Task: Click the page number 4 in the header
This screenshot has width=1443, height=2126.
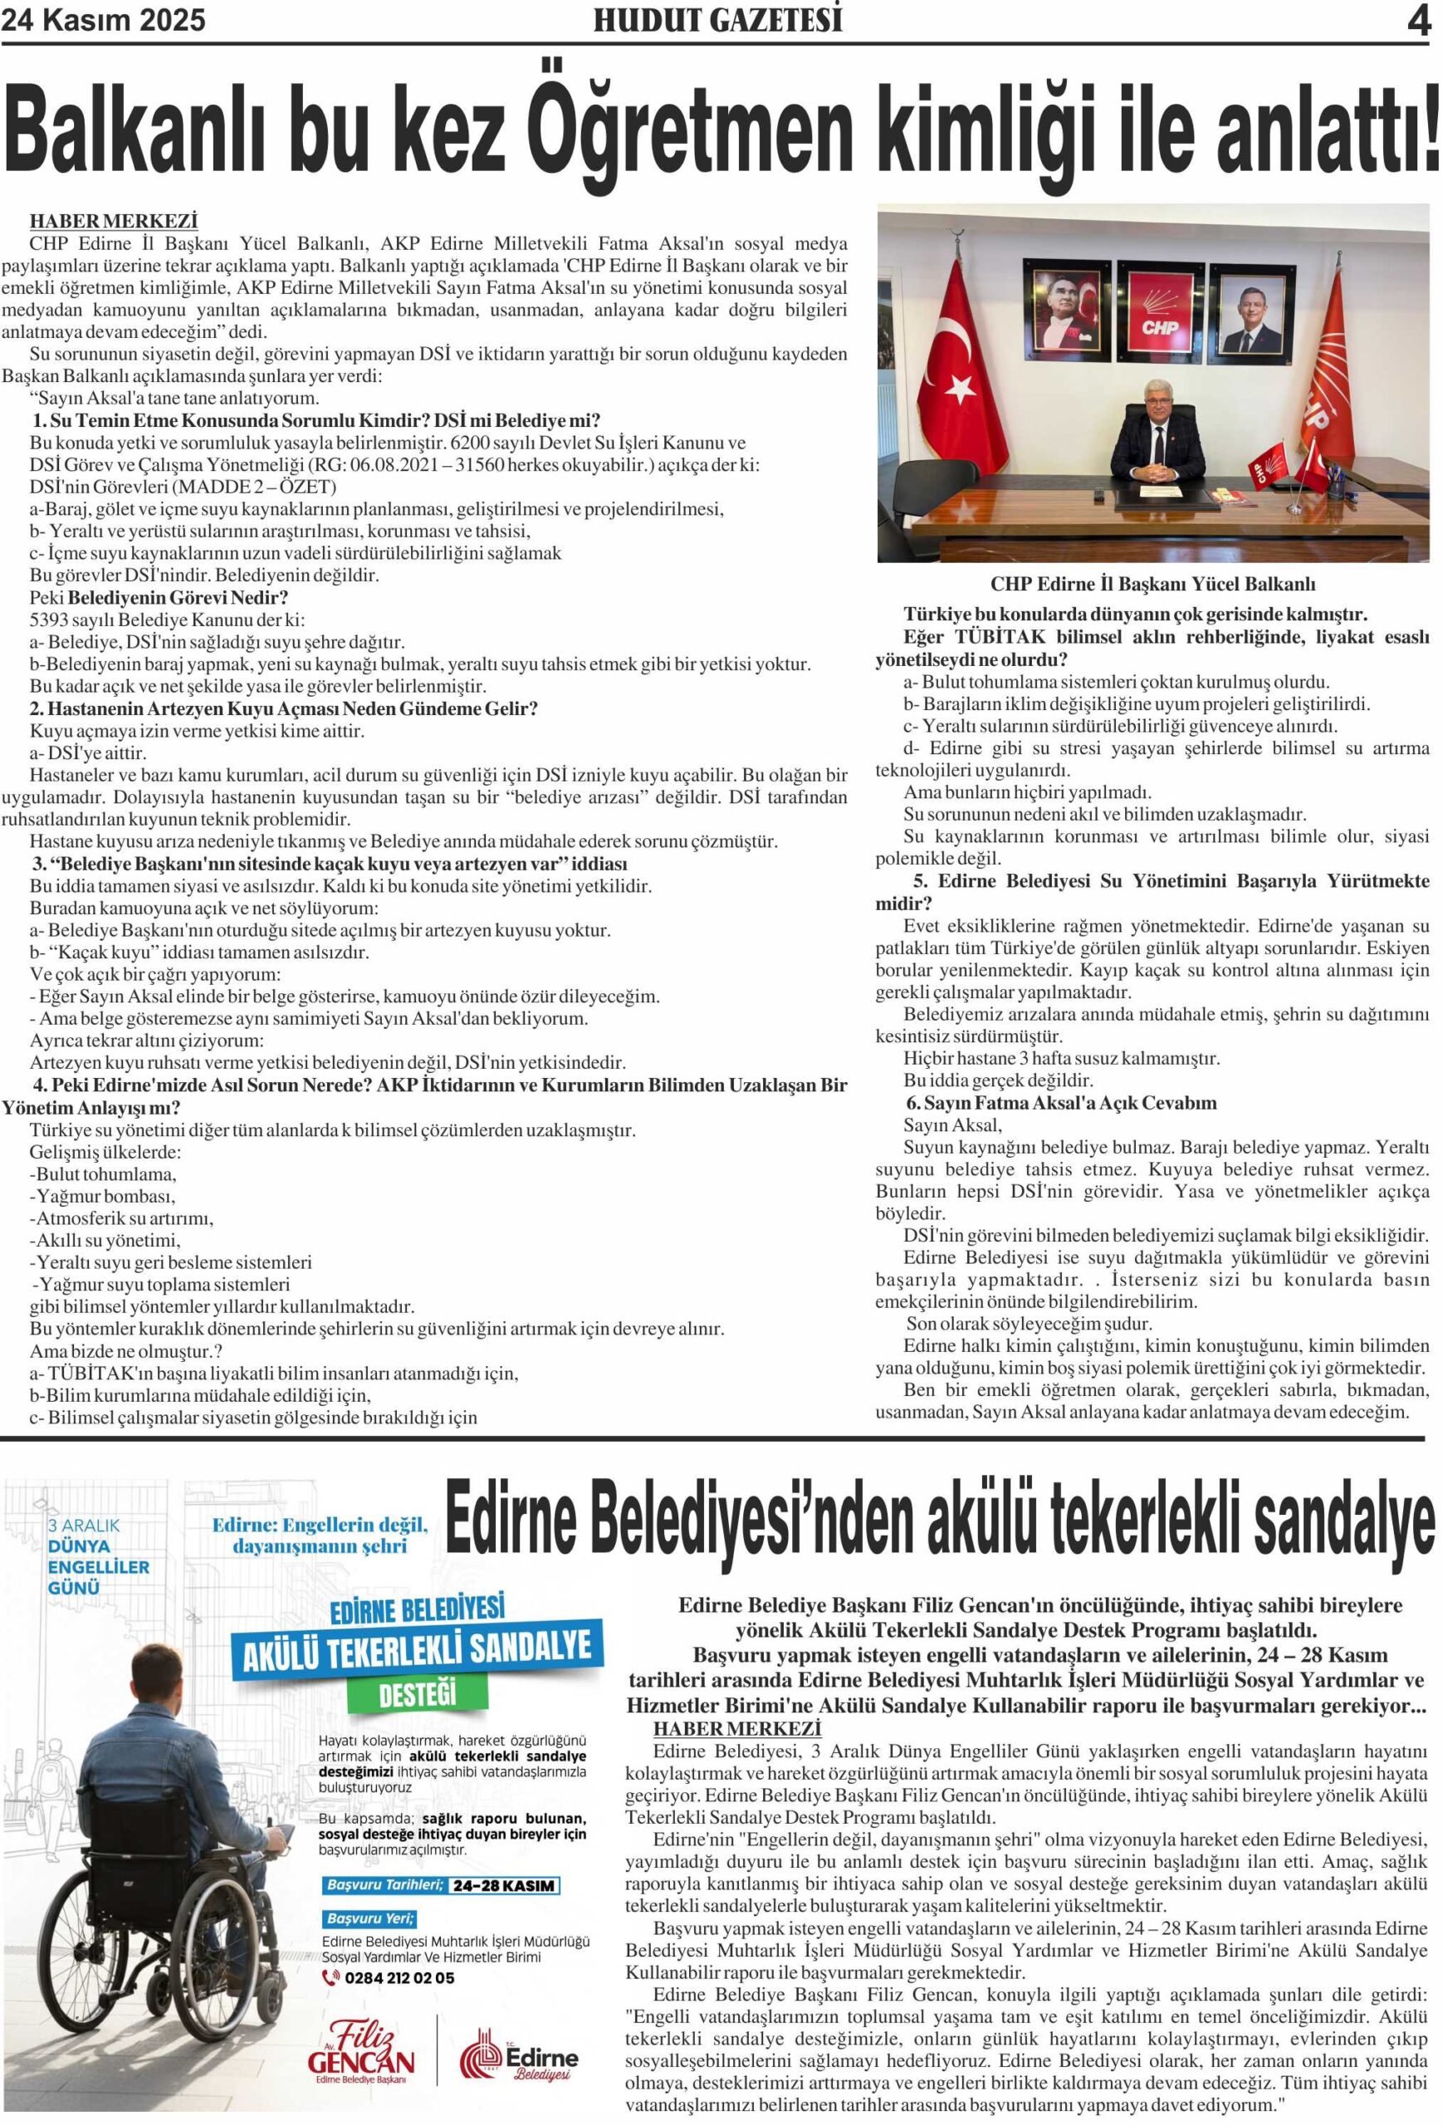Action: [x=1417, y=21]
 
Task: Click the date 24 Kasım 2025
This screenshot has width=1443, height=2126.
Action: [x=103, y=20]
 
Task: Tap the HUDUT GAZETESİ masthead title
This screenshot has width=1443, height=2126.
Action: [x=718, y=20]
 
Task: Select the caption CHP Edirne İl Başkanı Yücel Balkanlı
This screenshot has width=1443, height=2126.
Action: [x=1152, y=584]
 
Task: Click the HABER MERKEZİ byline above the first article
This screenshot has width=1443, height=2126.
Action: [x=114, y=222]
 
